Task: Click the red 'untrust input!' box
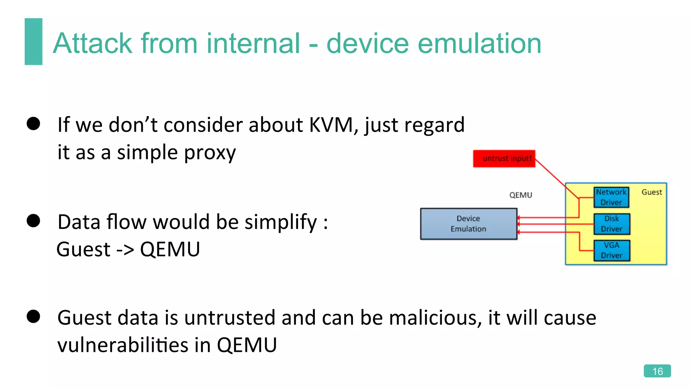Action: tap(504, 159)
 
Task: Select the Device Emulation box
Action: tap(468, 224)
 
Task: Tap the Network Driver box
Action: tap(611, 197)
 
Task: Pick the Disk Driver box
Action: tap(611, 224)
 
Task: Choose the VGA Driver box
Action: tap(611, 250)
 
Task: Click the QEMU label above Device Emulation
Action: tap(521, 195)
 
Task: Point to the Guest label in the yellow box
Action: tap(652, 192)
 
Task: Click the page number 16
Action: tap(657, 371)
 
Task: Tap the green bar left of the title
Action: tap(33, 42)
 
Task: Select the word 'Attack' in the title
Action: tap(92, 44)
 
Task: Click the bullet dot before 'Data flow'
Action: tap(33, 221)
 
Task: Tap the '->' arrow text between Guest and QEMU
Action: tap(125, 250)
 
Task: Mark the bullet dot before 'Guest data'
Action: tap(33, 316)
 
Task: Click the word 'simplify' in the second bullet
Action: tap(280, 223)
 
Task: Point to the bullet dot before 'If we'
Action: tap(33, 124)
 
